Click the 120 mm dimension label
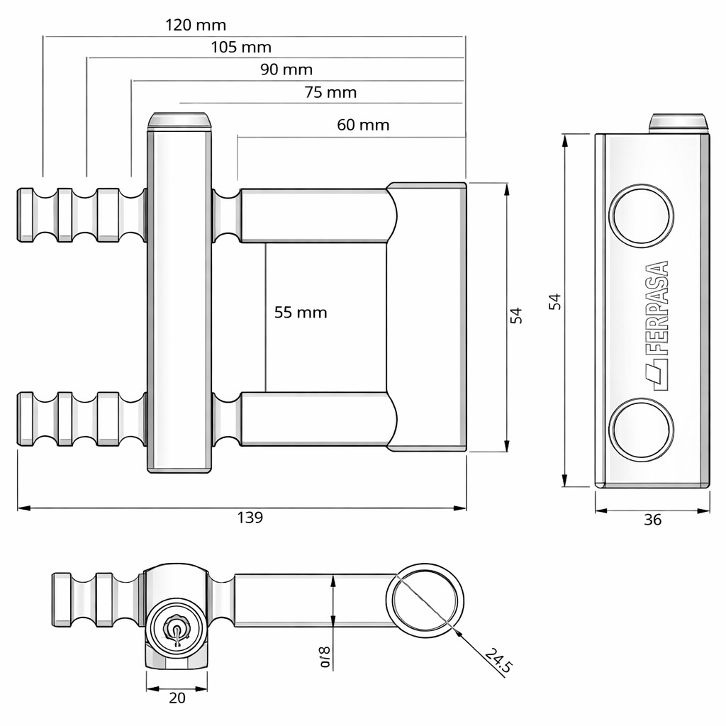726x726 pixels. (196, 26)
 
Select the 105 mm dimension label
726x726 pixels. (241, 48)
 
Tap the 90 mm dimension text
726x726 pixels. (286, 69)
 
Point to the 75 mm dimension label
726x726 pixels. (330, 92)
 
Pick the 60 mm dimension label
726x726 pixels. (363, 125)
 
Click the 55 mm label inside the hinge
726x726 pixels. (301, 312)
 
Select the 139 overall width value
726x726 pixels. (250, 518)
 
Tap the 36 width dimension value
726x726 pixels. (652, 520)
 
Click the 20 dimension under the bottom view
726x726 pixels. (177, 698)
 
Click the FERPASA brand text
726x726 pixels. (659, 308)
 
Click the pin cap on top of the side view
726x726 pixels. (678, 122)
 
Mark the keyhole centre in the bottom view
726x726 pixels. (175, 628)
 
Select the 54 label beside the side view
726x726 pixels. (555, 301)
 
